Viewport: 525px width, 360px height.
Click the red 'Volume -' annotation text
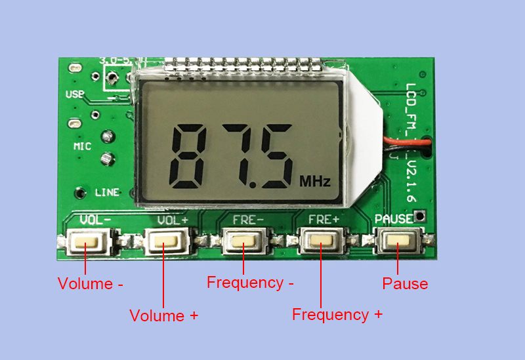coord(91,285)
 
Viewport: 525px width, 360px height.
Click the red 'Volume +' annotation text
coord(164,315)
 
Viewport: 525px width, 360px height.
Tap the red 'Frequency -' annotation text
coord(250,283)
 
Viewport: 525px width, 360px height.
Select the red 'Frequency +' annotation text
coord(337,315)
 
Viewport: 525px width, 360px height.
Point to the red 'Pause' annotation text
coord(405,284)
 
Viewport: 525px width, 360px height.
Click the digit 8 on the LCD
coord(194,155)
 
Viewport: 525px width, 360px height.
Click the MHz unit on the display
coord(315,180)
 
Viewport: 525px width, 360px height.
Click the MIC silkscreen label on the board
coord(82,146)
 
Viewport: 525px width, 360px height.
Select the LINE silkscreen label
coord(107,193)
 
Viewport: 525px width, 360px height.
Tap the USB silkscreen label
coord(75,94)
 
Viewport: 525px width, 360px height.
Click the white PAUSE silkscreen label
coord(394,219)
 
